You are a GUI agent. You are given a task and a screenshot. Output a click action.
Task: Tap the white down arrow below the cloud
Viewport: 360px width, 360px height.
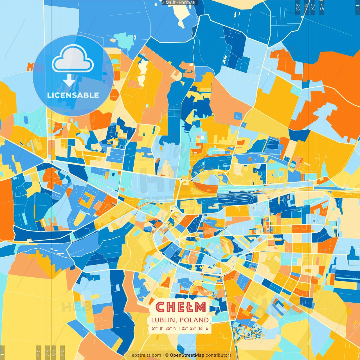point(69,80)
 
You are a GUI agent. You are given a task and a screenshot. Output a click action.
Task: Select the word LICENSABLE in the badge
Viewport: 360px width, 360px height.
point(73,95)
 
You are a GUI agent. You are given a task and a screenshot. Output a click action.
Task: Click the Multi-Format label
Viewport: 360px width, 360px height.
point(180,3)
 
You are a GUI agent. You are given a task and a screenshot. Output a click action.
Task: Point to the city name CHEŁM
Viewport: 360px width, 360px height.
point(180,307)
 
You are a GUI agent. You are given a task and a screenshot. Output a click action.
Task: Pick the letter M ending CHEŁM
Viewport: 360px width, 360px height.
point(201,307)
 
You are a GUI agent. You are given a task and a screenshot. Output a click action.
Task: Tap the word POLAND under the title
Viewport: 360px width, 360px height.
point(194,320)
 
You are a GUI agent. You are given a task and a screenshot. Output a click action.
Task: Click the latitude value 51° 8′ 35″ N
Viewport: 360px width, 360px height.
point(164,328)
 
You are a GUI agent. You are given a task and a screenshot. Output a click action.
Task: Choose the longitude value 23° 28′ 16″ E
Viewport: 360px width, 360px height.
point(195,328)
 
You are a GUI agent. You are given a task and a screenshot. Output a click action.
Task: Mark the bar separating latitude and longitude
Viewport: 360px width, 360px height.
point(179,328)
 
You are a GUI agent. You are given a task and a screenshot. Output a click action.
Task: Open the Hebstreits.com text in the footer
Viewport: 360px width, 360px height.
point(145,355)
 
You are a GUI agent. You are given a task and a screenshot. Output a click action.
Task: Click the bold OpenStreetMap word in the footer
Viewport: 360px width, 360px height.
point(187,355)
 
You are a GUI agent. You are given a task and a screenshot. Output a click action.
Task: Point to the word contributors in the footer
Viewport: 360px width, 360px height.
point(219,355)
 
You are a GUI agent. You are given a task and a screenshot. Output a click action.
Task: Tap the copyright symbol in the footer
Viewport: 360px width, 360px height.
point(167,355)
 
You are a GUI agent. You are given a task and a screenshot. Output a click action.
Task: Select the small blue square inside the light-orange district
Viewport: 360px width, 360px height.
point(238,116)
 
